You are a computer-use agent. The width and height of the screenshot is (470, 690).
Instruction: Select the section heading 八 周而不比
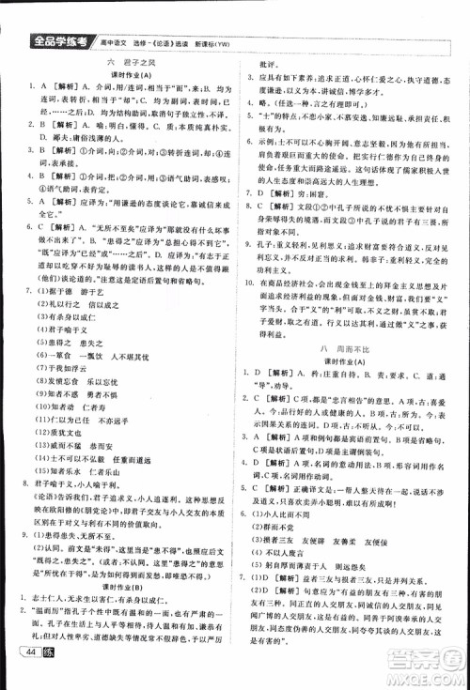pyautogui.click(x=353, y=346)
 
